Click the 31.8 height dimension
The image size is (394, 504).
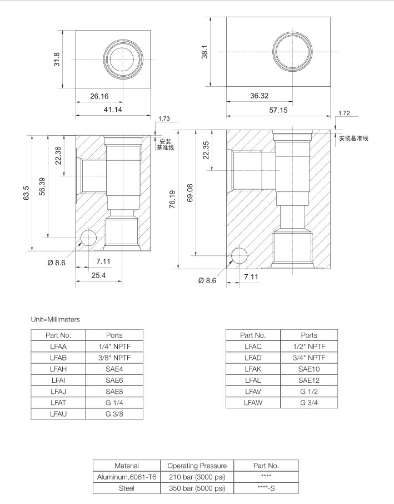coord(57,59)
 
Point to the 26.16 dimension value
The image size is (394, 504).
coord(99,96)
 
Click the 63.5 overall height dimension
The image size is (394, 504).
coord(26,192)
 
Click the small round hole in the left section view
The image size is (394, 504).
coord(88,238)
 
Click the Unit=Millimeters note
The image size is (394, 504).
coord(56,319)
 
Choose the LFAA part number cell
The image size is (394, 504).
coord(58,347)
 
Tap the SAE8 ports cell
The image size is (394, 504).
coord(114,391)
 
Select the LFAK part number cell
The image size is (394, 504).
coord(253,369)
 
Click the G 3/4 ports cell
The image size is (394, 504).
coord(308,402)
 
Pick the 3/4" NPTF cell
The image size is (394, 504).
coord(308,358)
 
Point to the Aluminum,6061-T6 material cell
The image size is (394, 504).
coord(126,477)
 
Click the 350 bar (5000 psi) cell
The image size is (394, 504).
coord(197,488)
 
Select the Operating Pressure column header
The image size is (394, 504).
coord(197,465)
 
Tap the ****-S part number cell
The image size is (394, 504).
coord(266,488)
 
